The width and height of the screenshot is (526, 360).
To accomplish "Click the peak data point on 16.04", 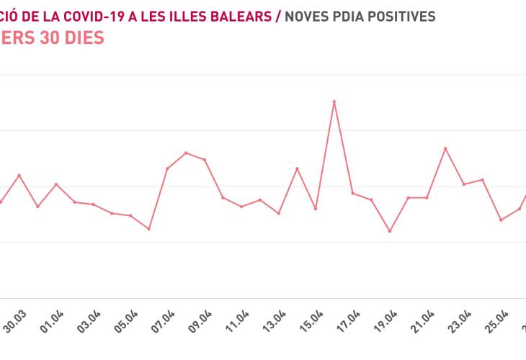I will pyautogui.click(x=334, y=102).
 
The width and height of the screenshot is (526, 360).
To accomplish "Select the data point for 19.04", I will pyautogui.click(x=390, y=231).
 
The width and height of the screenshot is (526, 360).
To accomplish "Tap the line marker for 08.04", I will pyautogui.click(x=186, y=153).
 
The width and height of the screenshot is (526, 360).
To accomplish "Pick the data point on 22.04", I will pyautogui.click(x=445, y=148).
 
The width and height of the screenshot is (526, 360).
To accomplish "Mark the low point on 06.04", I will pyautogui.click(x=149, y=229).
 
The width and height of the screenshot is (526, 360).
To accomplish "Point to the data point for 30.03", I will pyautogui.click(x=19, y=175).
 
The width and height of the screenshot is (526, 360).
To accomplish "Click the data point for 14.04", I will pyautogui.click(x=298, y=168).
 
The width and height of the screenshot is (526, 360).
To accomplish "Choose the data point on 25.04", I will pyautogui.click(x=501, y=220).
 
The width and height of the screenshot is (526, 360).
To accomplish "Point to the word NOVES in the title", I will pyautogui.click(x=309, y=16).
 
